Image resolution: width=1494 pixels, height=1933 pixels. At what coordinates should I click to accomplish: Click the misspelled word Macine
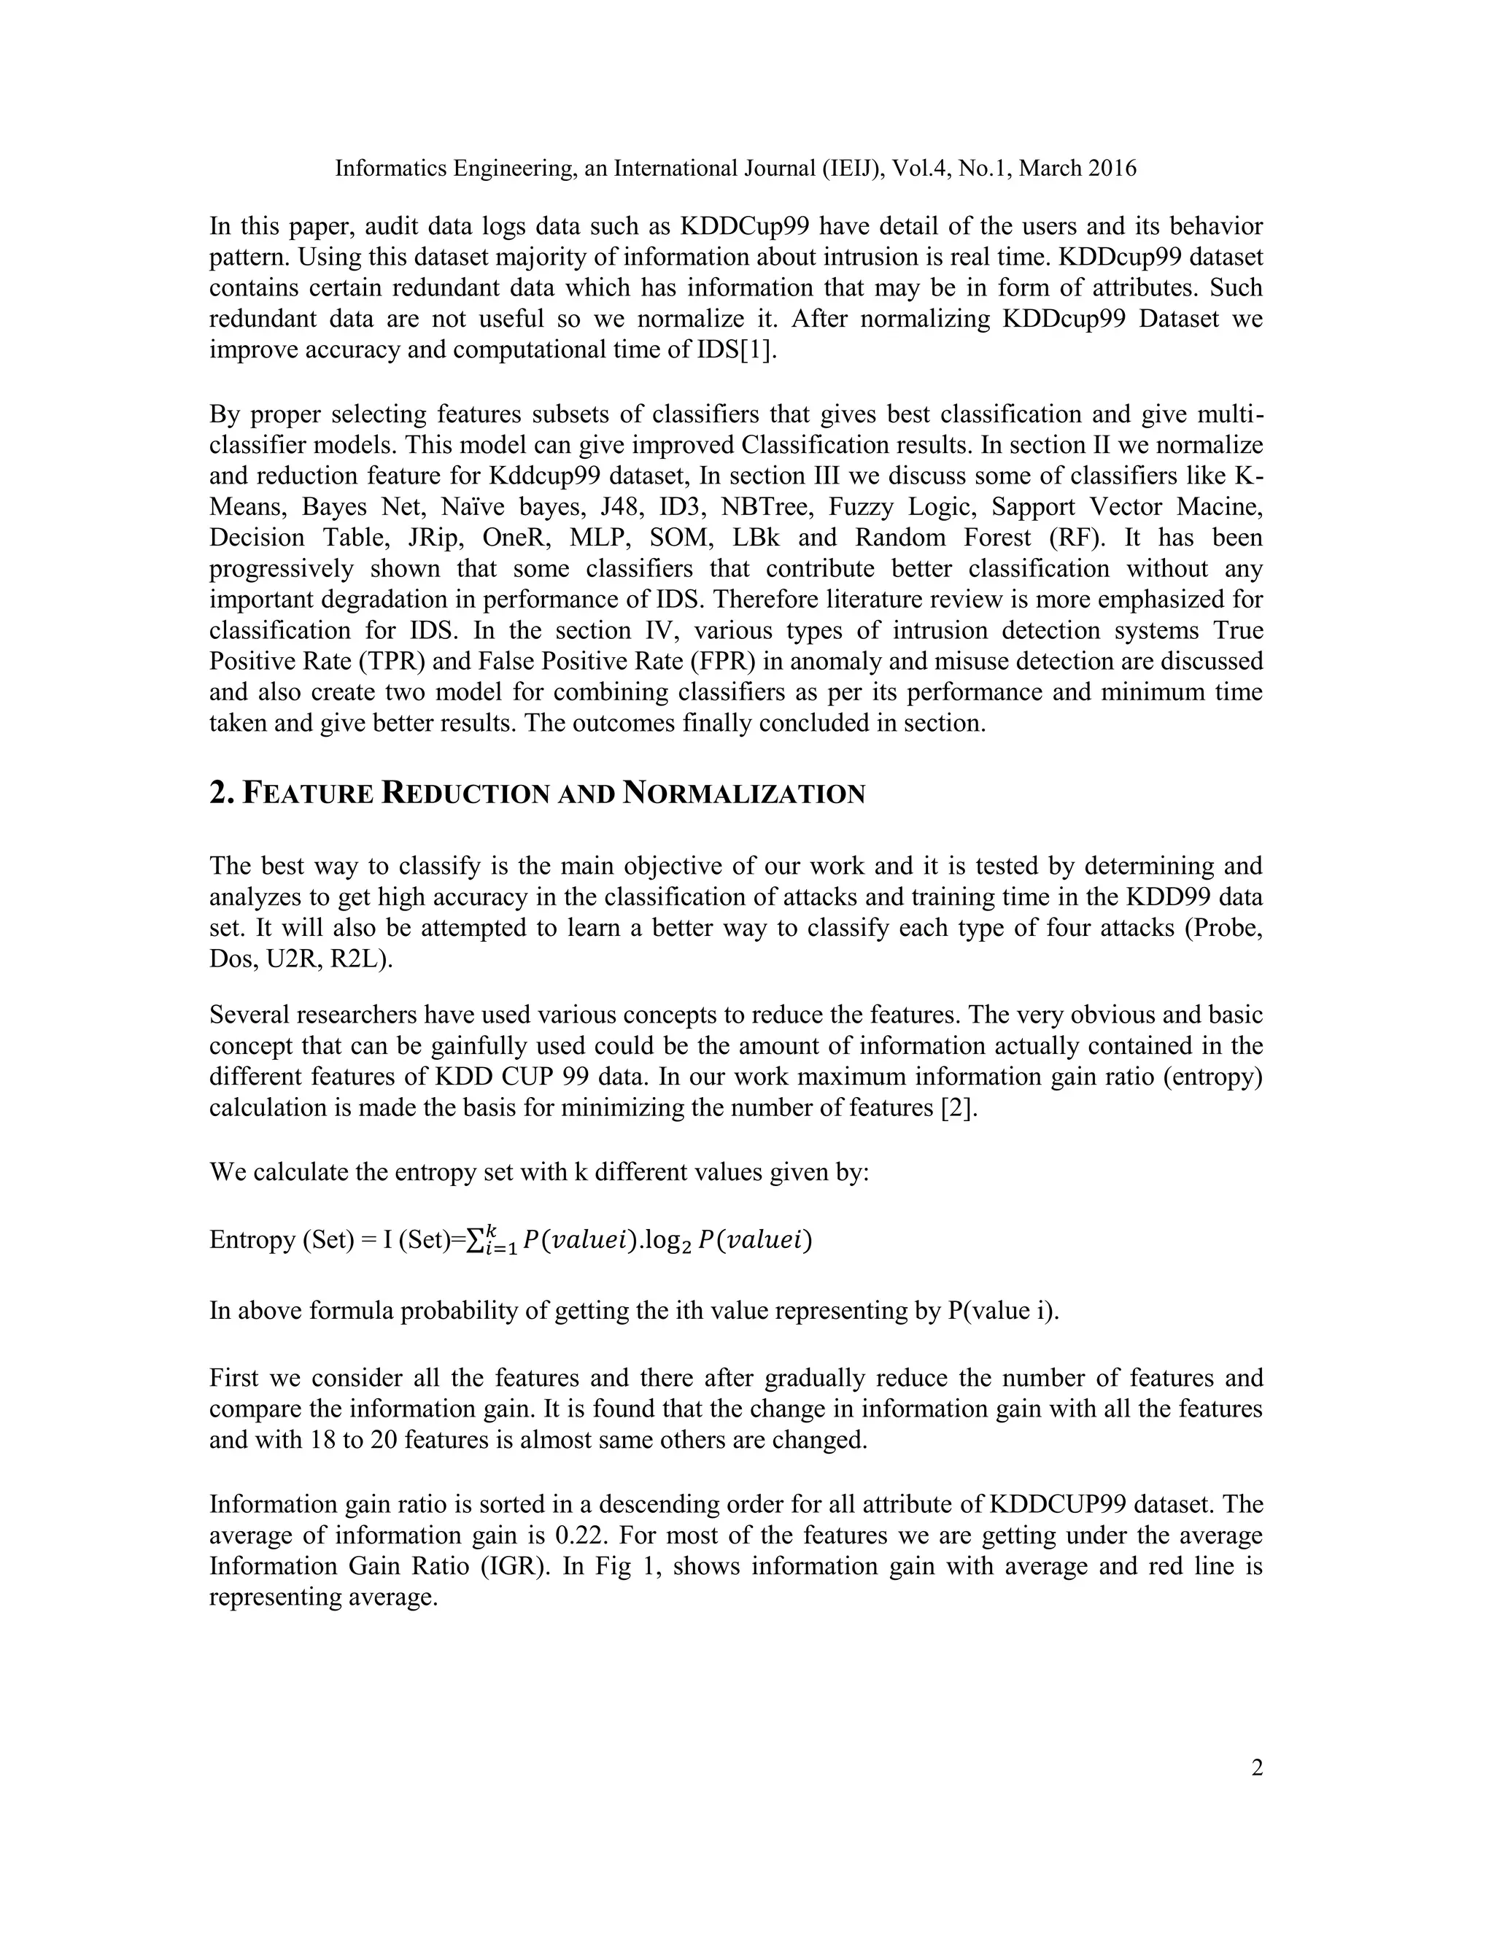point(1217,507)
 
